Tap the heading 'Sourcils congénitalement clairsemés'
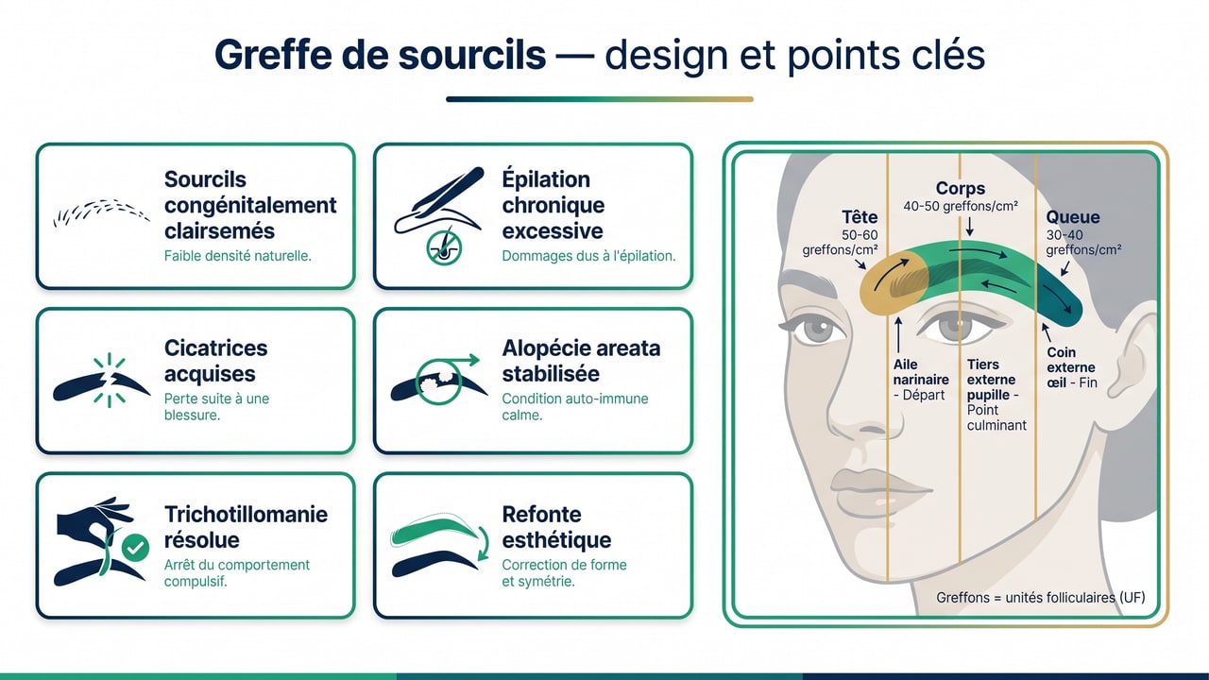point(250,205)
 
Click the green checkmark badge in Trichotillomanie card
point(136,547)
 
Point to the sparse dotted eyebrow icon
point(100,212)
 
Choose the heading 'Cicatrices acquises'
point(215,361)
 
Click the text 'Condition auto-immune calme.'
point(575,406)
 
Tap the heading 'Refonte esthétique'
point(556,527)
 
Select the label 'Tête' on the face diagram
point(860,217)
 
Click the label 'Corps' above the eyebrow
point(961,188)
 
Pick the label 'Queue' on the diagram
point(1073,217)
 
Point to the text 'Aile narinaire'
point(920,371)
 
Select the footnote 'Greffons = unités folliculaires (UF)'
point(1040,597)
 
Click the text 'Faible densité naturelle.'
point(238,255)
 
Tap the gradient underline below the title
point(600,98)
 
